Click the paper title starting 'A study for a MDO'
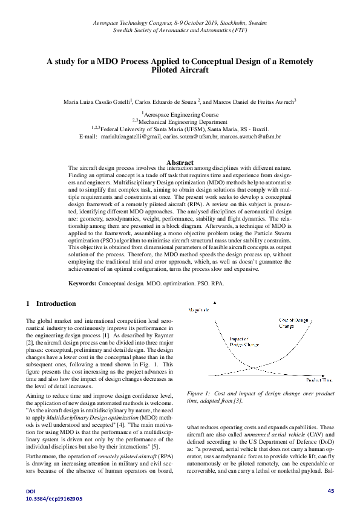point(180,65)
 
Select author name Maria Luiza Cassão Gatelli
point(97,103)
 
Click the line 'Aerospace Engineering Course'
point(180,114)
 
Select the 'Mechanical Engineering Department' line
point(180,122)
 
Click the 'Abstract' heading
point(180,163)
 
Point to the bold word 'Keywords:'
point(83,284)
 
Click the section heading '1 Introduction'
point(51,303)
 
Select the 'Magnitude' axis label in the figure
point(199,310)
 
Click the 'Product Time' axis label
point(319,380)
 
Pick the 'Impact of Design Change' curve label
point(243,342)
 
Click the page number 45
point(330,490)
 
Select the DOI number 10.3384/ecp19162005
point(54,499)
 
